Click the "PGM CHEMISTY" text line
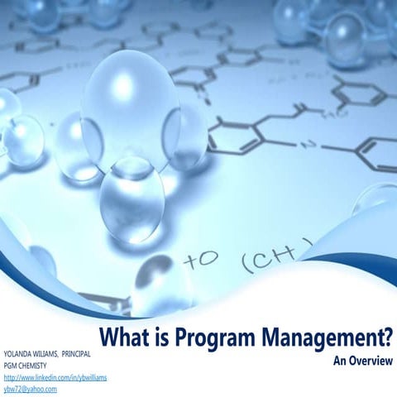coord(26,365)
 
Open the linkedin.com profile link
coord(55,376)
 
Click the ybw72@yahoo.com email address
coord(31,388)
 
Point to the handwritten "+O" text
coord(202,259)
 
